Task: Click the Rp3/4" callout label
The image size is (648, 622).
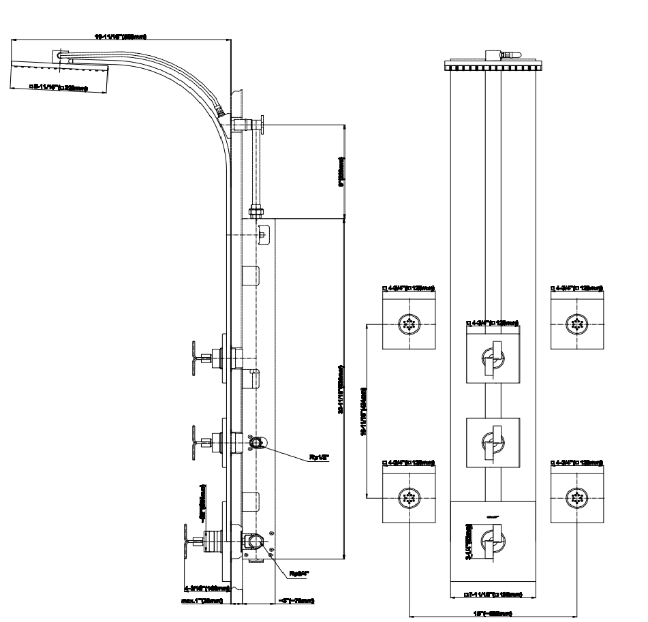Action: pyautogui.click(x=300, y=574)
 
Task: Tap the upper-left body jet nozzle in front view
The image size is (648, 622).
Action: pyautogui.click(x=410, y=324)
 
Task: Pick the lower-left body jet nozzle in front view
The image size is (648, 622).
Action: pyautogui.click(x=410, y=499)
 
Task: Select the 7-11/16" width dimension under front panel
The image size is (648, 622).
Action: pyautogui.click(x=493, y=594)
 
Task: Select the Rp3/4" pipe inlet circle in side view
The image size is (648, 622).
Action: pyautogui.click(x=253, y=543)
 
